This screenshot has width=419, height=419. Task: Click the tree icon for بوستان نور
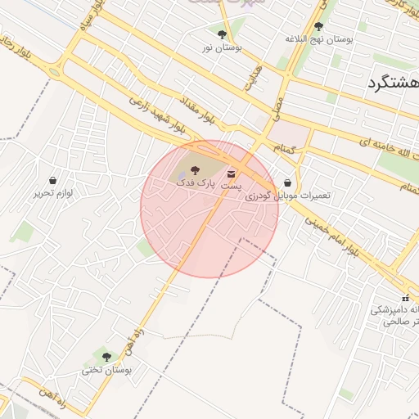[x=222, y=34]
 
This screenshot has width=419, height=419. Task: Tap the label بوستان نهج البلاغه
[x=318, y=38]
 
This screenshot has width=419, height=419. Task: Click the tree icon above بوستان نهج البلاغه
[x=318, y=26]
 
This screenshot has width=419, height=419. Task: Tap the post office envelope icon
[x=232, y=173]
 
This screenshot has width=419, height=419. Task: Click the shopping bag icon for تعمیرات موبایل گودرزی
[x=287, y=183]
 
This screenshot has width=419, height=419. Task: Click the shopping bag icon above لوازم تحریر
[x=53, y=180]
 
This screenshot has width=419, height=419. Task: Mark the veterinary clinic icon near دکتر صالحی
[x=405, y=297]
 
